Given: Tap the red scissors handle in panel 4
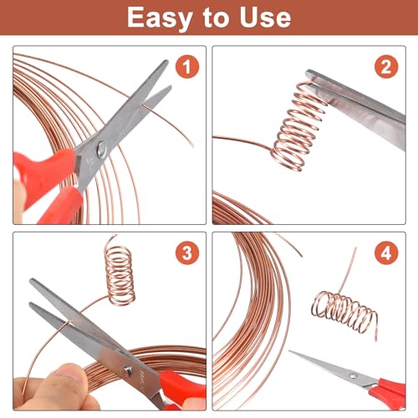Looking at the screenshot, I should [x=389, y=386].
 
